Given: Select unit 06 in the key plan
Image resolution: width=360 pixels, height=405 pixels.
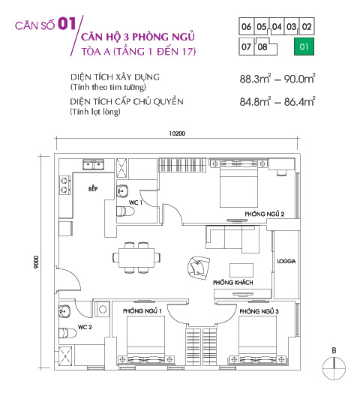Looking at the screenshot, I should (x=246, y=27).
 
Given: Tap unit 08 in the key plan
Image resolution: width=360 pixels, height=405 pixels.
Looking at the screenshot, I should (x=262, y=46).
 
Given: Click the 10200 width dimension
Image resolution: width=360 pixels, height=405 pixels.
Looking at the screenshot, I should (x=177, y=133).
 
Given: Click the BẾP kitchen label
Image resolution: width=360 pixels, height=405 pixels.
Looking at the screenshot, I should (x=93, y=190).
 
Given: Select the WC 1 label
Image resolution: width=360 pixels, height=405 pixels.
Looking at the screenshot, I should (x=136, y=202).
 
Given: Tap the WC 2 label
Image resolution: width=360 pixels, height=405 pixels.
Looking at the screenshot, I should (x=85, y=327).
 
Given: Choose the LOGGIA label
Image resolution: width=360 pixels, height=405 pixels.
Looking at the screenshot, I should (x=286, y=262).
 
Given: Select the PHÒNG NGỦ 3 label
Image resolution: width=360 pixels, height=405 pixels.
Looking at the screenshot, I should (x=259, y=310).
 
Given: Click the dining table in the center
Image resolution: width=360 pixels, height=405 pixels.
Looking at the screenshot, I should (x=136, y=256).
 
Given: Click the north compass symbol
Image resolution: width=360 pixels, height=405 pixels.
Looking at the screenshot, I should (x=334, y=367).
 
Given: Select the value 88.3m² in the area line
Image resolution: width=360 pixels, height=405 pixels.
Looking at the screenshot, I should (x=248, y=77).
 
